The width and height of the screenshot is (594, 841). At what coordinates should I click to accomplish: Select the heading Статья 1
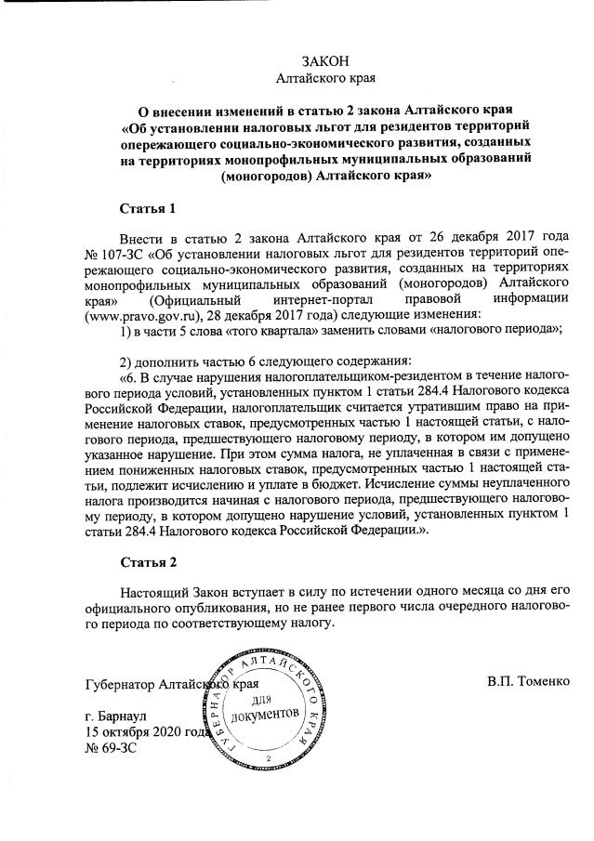tap(148, 206)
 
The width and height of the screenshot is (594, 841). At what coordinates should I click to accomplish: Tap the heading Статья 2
tap(148, 562)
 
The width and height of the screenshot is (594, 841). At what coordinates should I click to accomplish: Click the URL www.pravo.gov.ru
tap(147, 315)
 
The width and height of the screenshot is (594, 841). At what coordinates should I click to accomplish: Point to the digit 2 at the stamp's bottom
tap(268, 759)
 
